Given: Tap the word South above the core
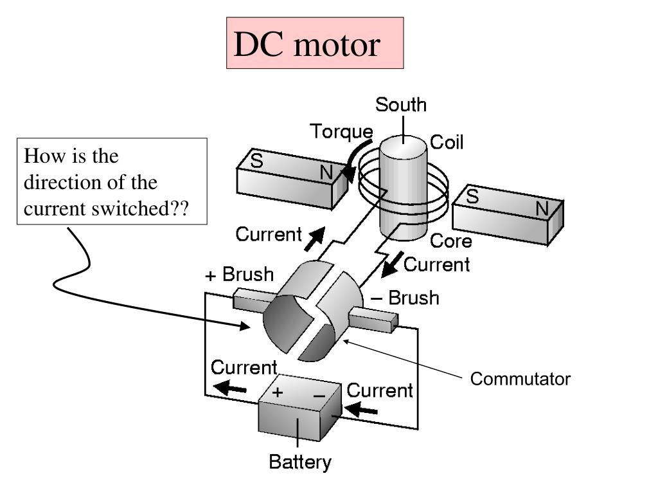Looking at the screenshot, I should point(401,104).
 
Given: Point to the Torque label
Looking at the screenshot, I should point(342,132).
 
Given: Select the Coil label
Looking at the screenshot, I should point(447,142).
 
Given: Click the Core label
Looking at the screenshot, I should point(451,241).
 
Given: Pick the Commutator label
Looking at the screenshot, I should point(520,379).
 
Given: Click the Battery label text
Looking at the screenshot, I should point(300,462).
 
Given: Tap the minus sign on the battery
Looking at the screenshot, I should point(319,396).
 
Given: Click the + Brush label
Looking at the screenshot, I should point(240,275).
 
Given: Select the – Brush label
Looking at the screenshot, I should point(406,298).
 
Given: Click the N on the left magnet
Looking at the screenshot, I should point(326,172).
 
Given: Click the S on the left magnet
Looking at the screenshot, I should point(256,161).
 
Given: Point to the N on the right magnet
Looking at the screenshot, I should point(542,209).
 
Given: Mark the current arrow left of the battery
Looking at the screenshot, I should point(230,387).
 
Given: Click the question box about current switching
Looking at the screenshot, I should point(112,181).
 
